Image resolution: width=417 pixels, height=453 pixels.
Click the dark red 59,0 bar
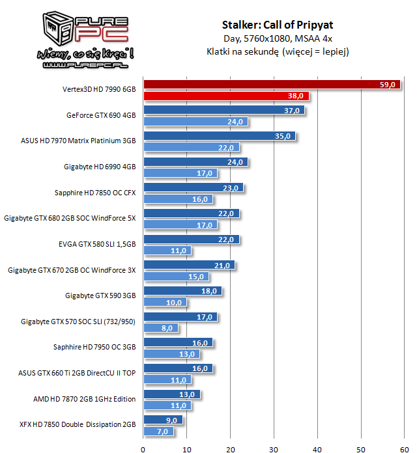(261, 84)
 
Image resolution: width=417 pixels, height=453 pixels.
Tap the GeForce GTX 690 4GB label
(101, 116)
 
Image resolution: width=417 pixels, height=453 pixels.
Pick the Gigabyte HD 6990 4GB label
(100, 167)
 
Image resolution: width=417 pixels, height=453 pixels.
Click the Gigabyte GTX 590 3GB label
(100, 295)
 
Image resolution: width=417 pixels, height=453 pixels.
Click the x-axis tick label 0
(143, 448)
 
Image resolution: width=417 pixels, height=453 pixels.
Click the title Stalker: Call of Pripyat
(278, 25)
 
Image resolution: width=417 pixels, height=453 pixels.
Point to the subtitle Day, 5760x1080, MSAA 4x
(278, 38)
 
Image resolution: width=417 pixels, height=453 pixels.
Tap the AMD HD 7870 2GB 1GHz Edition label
(84, 399)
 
